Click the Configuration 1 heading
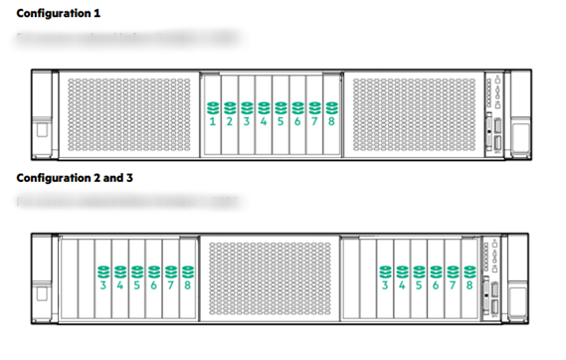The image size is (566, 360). tap(59, 13)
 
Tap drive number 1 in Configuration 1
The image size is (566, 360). tap(213, 121)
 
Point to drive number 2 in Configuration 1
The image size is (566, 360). tap(230, 121)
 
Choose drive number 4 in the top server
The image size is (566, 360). tap(264, 121)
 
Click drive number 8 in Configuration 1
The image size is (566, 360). tap(331, 121)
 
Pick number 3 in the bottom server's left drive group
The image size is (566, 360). tap(103, 285)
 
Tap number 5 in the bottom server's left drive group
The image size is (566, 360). tap(137, 285)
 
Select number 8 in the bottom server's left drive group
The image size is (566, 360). tap(187, 285)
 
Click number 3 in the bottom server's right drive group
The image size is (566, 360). tap(385, 285)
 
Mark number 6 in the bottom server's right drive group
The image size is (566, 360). tap(436, 285)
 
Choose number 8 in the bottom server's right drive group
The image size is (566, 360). tap(469, 285)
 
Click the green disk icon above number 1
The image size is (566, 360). tap(213, 106)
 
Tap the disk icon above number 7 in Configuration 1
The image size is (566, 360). tap(314, 106)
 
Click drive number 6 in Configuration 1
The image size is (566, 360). tap(297, 121)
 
